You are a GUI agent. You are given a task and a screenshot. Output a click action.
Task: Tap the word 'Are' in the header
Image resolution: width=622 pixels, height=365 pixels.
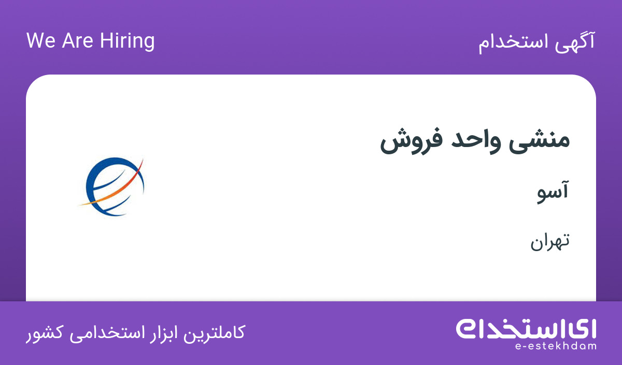click(77, 40)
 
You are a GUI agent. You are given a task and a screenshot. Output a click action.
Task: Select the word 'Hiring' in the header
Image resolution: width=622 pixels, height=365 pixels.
click(127, 41)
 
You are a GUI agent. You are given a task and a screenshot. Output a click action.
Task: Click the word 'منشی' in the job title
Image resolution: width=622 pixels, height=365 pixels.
click(539, 141)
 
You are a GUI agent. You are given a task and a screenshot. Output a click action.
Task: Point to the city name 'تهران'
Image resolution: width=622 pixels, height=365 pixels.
click(550, 241)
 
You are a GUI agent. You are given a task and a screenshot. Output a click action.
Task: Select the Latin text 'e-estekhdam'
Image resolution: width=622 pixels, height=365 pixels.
click(556, 346)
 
